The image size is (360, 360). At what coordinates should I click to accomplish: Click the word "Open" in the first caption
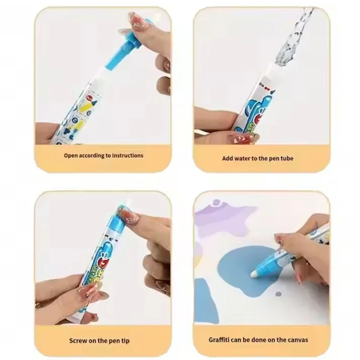point(70,155)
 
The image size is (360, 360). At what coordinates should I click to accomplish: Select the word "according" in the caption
point(93,155)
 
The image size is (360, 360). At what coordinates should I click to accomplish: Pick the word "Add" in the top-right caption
point(228,158)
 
